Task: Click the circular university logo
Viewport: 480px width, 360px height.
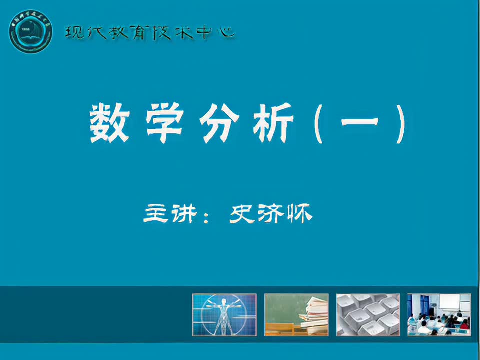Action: point(30,30)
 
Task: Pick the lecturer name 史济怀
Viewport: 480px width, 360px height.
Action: point(270,214)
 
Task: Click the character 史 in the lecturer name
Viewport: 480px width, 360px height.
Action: point(242,214)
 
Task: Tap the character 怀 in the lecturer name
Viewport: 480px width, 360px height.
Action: point(299,214)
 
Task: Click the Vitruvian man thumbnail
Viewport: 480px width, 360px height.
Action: point(224,314)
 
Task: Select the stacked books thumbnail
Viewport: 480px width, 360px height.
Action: point(296,314)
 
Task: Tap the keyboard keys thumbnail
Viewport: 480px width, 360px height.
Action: point(368,314)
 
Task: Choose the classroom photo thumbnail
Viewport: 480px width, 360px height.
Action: point(439,314)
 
